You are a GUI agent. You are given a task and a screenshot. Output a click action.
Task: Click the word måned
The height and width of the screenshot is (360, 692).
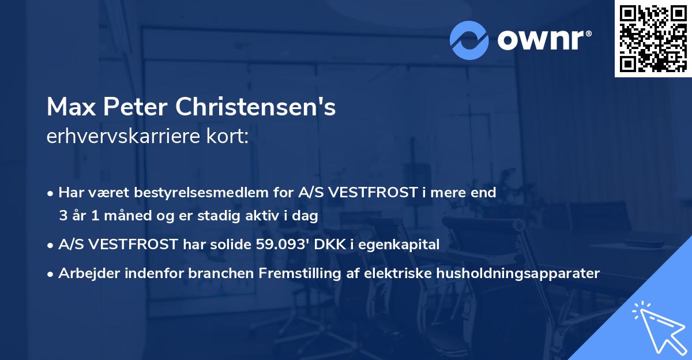132,216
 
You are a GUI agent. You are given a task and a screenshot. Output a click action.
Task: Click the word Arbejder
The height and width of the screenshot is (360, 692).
86,273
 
